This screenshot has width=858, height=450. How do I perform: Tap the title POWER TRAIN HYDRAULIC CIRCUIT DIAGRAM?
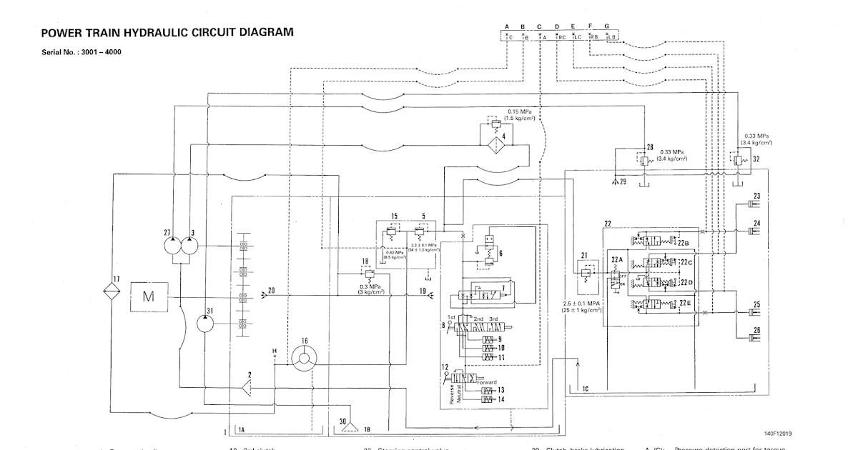point(167,32)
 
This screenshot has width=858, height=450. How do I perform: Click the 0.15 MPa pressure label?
point(520,112)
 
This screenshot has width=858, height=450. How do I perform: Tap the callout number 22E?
point(685,303)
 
